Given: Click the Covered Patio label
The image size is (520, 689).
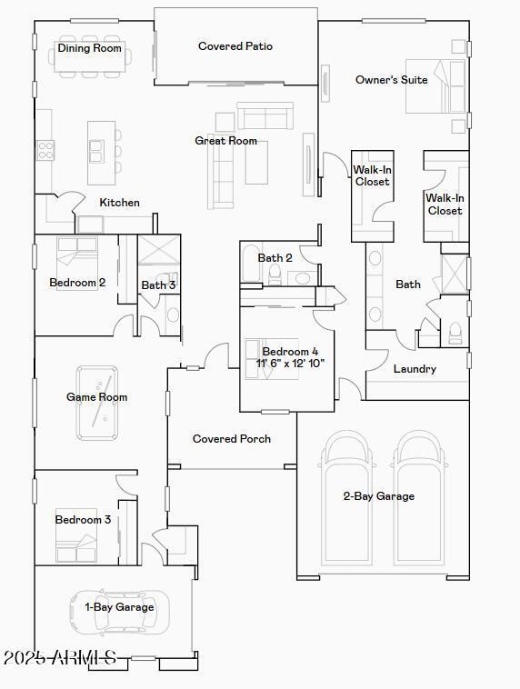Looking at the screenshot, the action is coord(235,46).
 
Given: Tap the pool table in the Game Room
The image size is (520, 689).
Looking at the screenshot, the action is coord(97,403).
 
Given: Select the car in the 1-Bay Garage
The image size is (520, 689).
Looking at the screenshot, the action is coord(119,613).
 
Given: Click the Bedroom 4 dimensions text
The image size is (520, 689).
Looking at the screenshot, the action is coord(290,364).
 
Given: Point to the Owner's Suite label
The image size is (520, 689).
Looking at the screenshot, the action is coord(391,79).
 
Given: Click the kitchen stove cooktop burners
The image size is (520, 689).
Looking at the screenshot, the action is coord(45,150).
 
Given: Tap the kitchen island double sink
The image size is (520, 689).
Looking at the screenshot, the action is coord(96,151).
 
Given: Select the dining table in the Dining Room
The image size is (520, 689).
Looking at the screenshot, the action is coord(90,56).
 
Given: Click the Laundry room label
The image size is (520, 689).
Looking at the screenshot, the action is coord(415,369).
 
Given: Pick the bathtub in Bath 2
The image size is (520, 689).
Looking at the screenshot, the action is coord(251,263).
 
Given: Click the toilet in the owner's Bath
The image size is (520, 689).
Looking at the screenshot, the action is coord(455,333).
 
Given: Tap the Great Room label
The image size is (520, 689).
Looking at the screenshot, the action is coord(226,141).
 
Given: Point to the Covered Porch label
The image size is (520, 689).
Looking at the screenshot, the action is coord(232,438).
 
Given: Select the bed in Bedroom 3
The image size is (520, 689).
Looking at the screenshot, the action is coord(76,541).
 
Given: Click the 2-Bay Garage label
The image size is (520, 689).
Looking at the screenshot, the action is coord(378,496).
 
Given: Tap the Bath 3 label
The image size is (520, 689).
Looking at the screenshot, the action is coord(158,285).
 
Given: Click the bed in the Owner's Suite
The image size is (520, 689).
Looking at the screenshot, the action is coord(435,86).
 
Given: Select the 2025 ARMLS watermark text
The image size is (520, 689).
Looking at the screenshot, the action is coord(60,658).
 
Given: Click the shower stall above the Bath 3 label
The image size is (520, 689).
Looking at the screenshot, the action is coord(159,250).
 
